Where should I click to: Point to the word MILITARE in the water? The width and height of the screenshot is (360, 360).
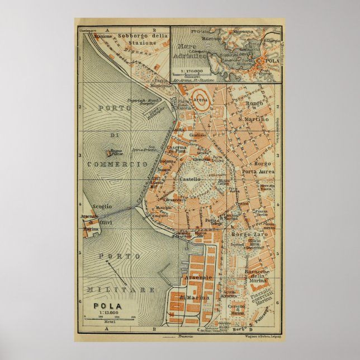121,290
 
